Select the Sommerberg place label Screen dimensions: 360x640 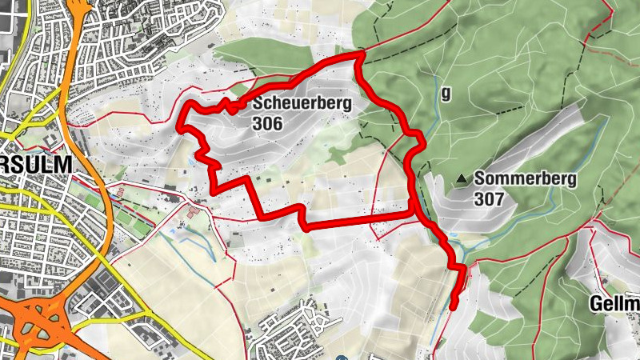(x=525, y=179)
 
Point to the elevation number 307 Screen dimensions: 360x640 (x=489, y=198)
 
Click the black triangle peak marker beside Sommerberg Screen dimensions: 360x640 (x=462, y=179)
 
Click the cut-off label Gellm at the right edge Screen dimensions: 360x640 (x=614, y=304)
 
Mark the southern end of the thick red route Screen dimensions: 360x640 (x=454, y=306)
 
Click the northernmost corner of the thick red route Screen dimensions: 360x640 (x=360, y=54)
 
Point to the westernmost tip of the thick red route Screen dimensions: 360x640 (x=179, y=126)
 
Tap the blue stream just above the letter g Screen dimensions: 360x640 (x=437, y=80)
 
